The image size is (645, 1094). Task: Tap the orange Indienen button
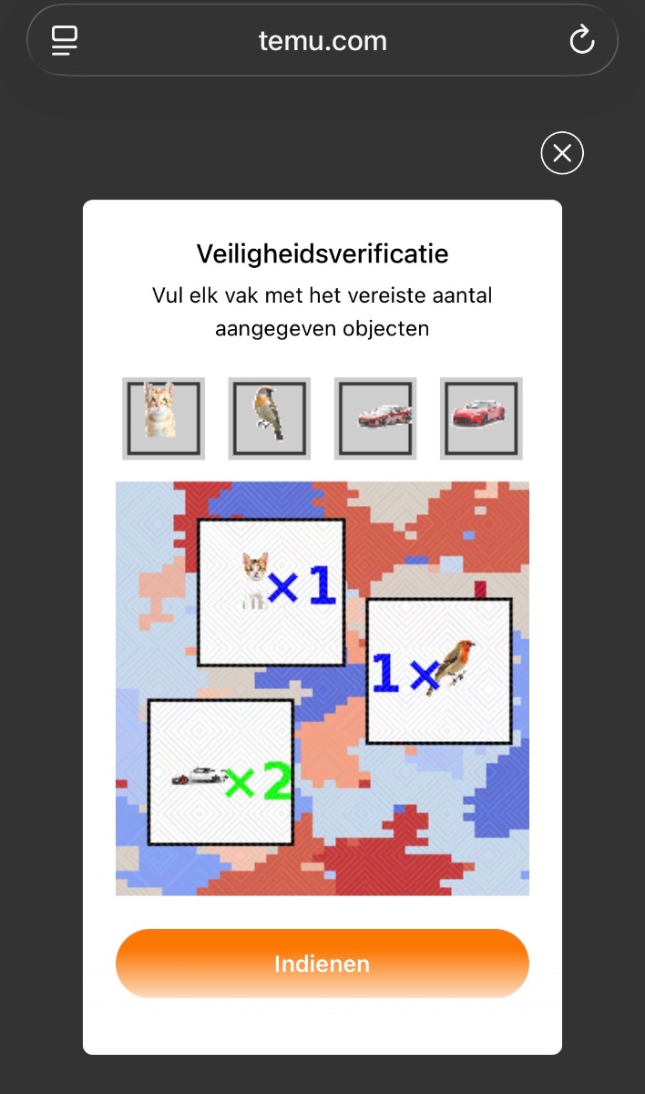(322, 963)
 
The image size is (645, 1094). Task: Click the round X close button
(562, 153)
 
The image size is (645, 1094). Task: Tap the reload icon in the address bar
(582, 39)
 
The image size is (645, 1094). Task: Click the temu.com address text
(322, 41)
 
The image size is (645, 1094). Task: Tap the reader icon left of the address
(65, 40)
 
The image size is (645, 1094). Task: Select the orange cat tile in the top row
(163, 418)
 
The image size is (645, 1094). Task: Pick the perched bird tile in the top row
(270, 418)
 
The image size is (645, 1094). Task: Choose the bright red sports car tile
(481, 418)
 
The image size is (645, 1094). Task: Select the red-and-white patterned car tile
(375, 418)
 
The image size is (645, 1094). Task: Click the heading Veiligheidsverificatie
(322, 254)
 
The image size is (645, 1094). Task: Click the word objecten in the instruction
(385, 328)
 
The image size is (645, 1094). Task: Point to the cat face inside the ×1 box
(256, 565)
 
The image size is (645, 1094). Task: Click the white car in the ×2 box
(200, 775)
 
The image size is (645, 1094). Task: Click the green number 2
(277, 781)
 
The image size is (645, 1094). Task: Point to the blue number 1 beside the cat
(322, 584)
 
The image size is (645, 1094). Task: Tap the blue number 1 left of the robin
(386, 673)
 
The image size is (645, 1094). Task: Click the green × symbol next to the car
(241, 784)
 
